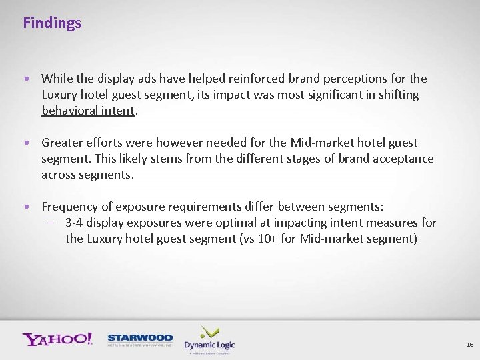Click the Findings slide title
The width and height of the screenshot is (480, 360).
[52, 23]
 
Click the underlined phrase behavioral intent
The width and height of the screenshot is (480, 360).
[88, 111]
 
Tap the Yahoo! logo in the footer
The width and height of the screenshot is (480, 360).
[57, 339]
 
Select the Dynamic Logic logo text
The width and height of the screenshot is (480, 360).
[209, 345]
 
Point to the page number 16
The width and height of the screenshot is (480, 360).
[469, 345]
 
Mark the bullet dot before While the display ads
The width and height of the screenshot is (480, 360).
[25, 79]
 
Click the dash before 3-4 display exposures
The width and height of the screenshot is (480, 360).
[53, 223]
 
